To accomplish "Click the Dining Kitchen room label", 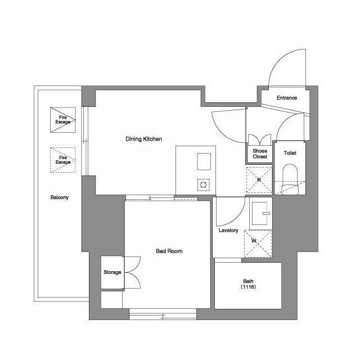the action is pos(144,139).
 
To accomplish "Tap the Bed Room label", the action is pos(169,251).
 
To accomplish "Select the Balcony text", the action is pos(60,197).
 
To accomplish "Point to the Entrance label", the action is pos(287,98).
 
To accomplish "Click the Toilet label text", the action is pos(290,153).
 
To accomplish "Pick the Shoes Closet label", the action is pos(260,154).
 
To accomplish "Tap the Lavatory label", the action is pos(228,230).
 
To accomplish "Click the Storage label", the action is pos(112,272).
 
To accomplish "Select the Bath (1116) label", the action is pos(248,284).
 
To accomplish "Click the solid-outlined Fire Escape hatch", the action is pos(63,120).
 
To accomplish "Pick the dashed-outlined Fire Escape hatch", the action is pos(63,160).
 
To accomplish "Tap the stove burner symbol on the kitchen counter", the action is pos(204,185).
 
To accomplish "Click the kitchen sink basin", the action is pos(204,161).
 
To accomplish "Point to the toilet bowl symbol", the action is pos(290,179).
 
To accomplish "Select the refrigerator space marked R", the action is pos(259,180).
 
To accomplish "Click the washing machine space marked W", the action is pos(258,244).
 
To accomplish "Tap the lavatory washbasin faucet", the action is pos(266,214).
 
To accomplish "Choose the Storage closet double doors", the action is pos(133,272).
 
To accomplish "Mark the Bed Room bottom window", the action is pos(163,314).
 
